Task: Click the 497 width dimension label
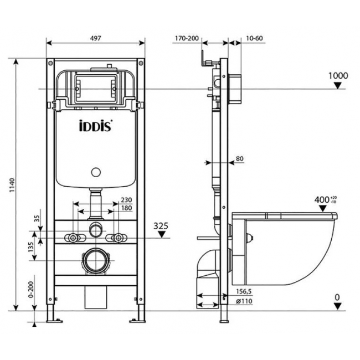(95, 38)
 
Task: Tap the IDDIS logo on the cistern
(96, 125)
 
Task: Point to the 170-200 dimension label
(187, 38)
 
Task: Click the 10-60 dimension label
(254, 38)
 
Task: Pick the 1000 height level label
(338, 75)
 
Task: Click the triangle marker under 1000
(337, 86)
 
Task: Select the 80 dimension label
(239, 158)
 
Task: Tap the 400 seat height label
(322, 200)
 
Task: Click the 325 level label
(161, 226)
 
